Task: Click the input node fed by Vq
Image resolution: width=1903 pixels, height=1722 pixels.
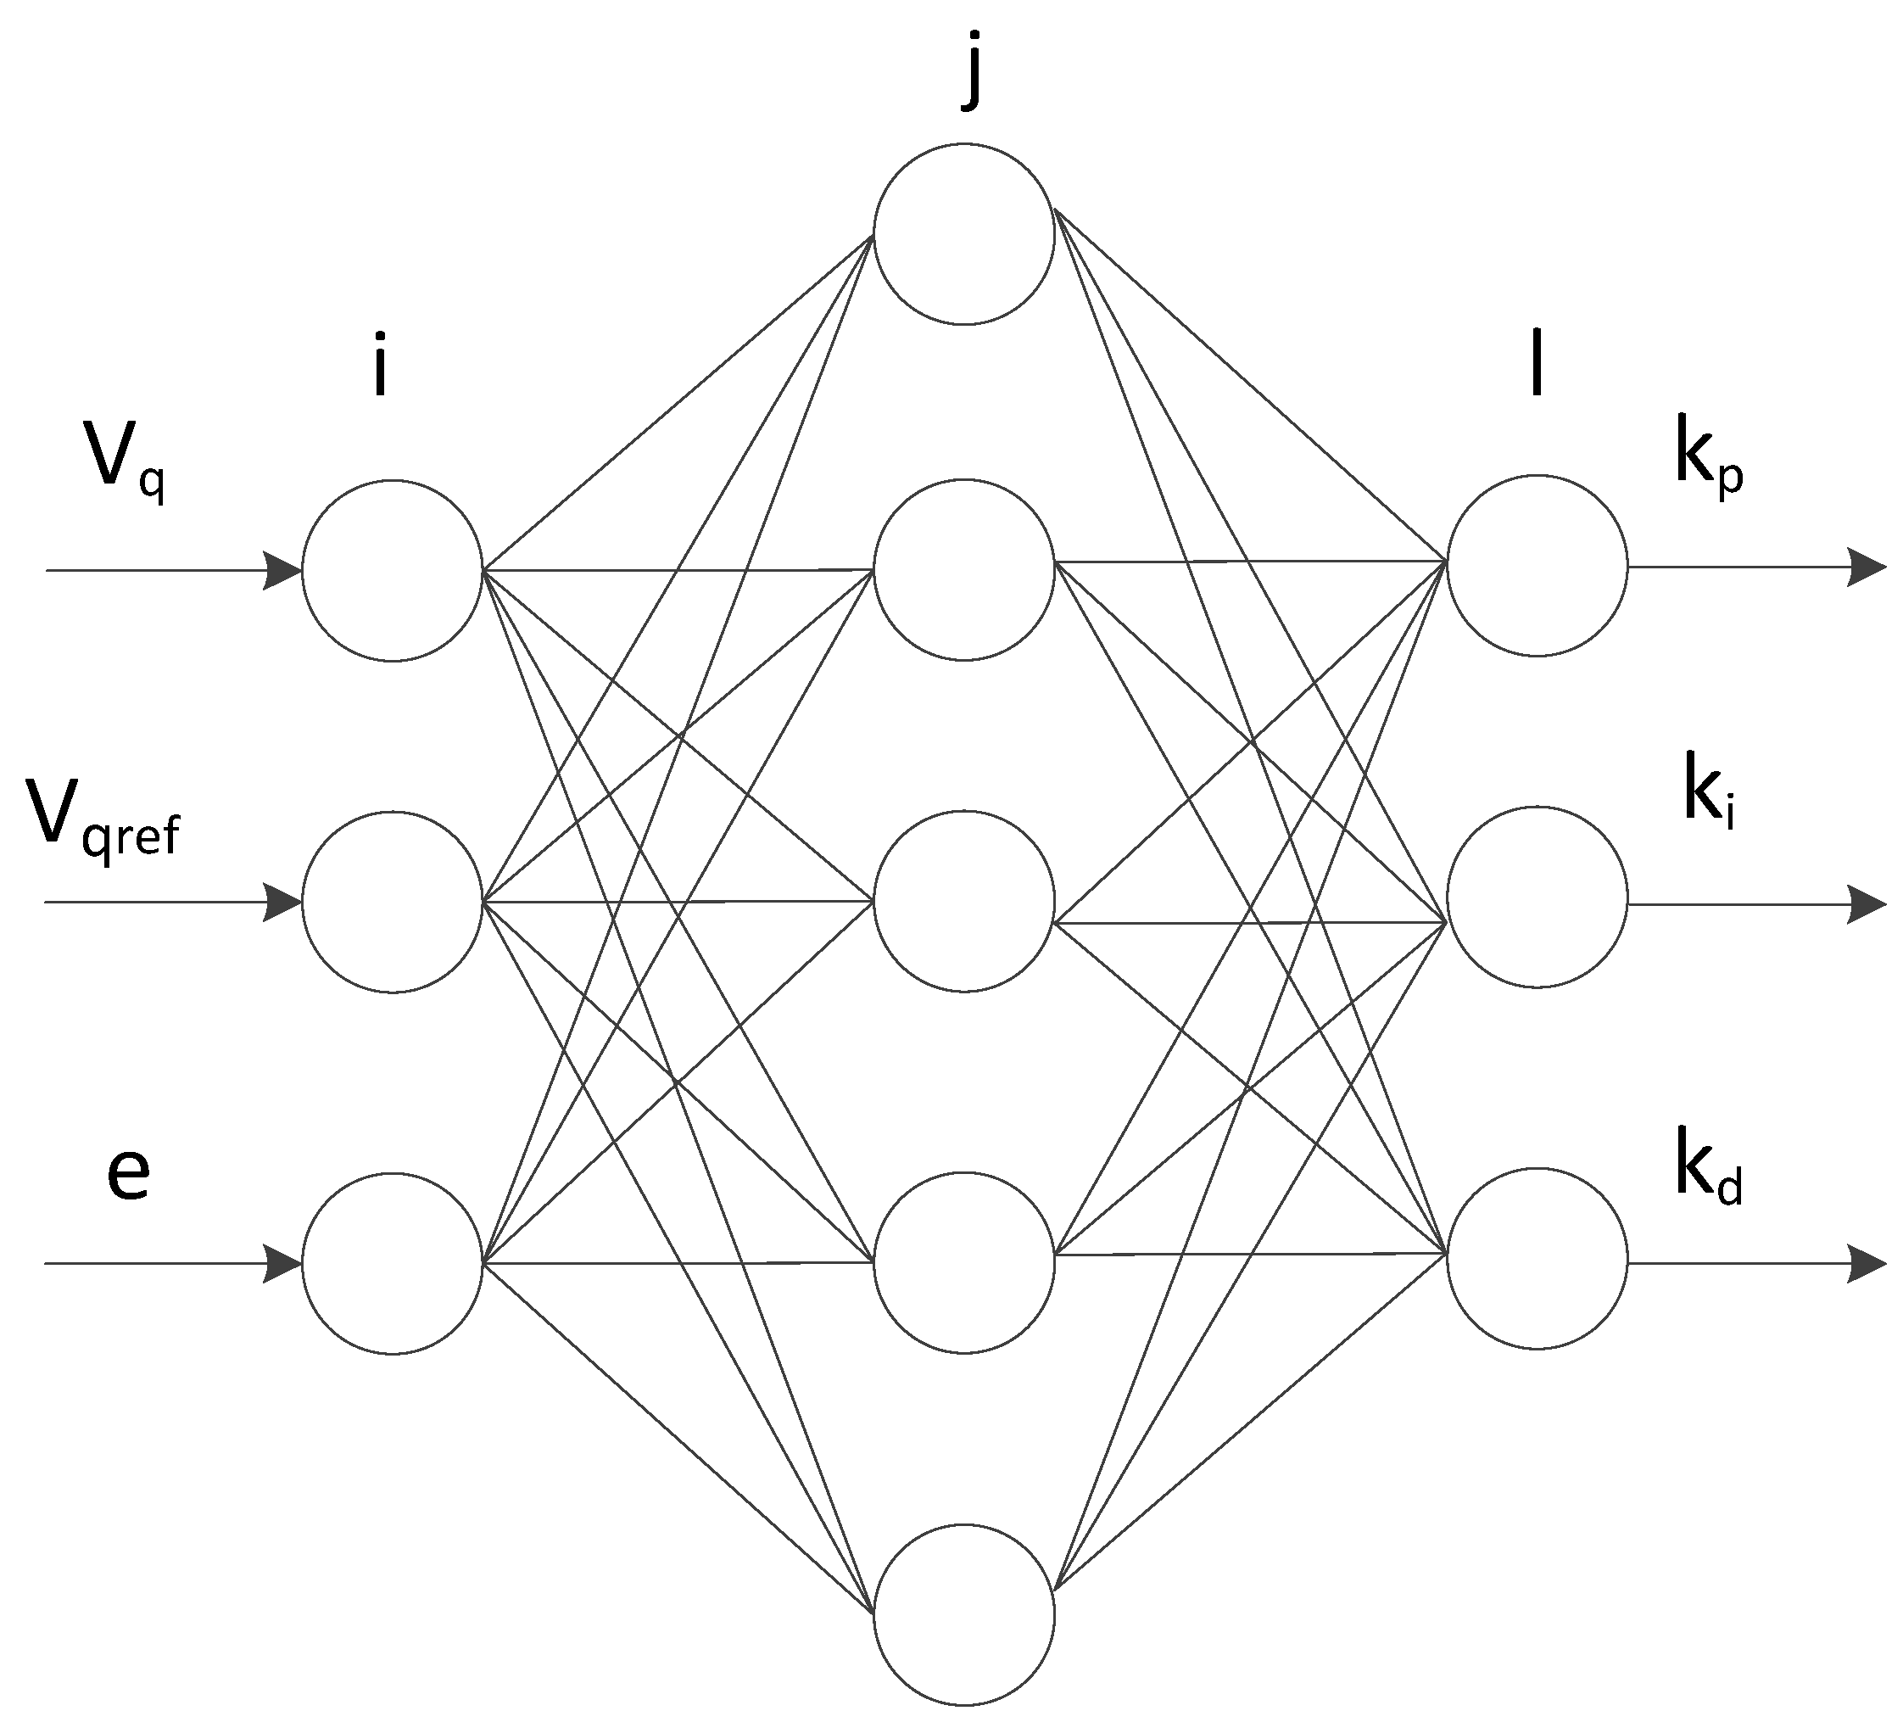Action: point(393,571)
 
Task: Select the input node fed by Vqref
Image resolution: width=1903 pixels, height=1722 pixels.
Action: point(393,903)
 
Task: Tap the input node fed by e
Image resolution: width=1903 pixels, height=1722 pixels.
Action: point(393,1263)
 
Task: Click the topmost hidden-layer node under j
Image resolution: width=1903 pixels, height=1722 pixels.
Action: point(963,234)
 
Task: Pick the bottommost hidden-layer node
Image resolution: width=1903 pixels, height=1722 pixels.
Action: point(963,1615)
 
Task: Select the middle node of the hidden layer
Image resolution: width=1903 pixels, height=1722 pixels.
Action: point(963,901)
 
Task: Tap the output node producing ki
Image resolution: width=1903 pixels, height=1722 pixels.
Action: point(1537,897)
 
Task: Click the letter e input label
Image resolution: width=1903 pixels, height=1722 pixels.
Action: point(128,1176)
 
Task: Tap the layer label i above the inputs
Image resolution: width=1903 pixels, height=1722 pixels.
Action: point(379,363)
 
